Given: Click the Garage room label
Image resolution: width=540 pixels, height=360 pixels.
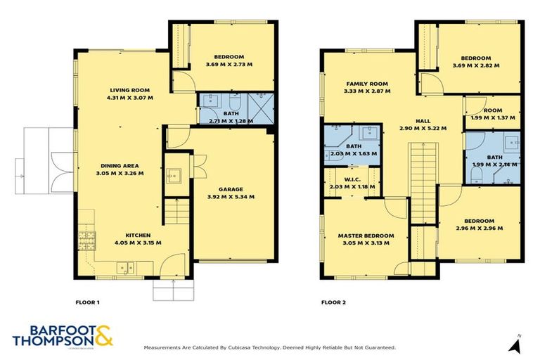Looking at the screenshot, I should pos(231,188).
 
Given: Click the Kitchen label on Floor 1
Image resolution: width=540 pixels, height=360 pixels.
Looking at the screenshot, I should pos(138,235).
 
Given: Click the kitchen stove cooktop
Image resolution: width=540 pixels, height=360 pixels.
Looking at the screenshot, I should pos(88,240).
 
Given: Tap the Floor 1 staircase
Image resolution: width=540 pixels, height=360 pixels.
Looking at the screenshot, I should pos(174,210).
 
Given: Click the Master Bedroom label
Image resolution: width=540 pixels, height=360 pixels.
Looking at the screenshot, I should pos(365,236).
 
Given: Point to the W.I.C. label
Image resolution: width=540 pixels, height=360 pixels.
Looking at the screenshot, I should pos(352,179).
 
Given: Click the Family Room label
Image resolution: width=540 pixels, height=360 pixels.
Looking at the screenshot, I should pos(366,83).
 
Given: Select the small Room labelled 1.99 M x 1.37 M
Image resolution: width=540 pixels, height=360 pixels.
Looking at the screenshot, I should pos(491,117).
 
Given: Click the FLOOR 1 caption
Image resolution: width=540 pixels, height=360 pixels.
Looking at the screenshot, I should pos(87,302).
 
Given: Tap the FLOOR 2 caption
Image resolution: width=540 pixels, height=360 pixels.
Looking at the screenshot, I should pos(333,302).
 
